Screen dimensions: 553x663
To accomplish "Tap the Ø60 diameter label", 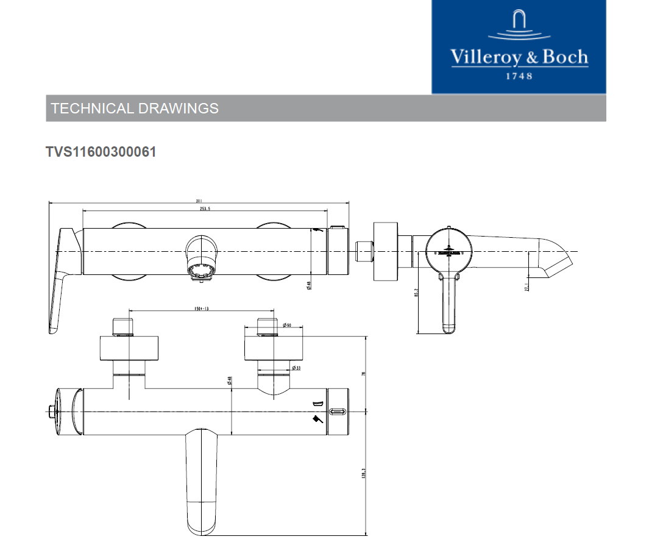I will [287, 325].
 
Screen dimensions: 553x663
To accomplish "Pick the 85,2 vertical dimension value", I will [416, 294].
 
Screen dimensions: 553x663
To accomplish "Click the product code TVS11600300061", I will [101, 152].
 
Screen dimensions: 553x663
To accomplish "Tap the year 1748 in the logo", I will [519, 76].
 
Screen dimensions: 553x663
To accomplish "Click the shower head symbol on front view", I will [317, 419].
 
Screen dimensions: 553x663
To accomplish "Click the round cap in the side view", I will [449, 250].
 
